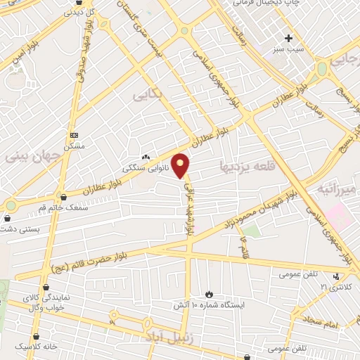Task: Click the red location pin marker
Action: (x=181, y=165)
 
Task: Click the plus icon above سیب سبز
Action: (x=289, y=37)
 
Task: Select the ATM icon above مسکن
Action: (x=75, y=135)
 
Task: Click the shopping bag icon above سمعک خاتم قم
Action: (x=65, y=198)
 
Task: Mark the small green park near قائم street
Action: (x=251, y=230)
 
